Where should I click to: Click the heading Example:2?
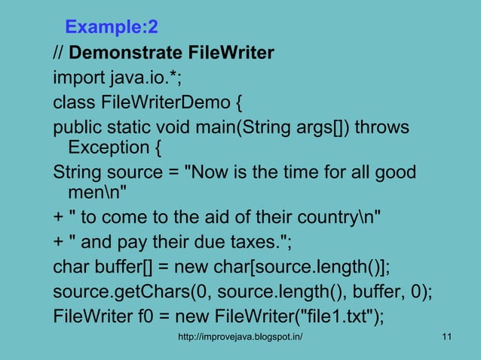tap(111, 28)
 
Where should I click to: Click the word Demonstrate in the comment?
tap(116, 53)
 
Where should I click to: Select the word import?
tap(76, 77)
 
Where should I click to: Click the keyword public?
tap(76, 125)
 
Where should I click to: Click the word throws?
tap(381, 125)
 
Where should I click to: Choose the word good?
tap(394, 172)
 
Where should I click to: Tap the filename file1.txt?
tap(330, 315)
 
